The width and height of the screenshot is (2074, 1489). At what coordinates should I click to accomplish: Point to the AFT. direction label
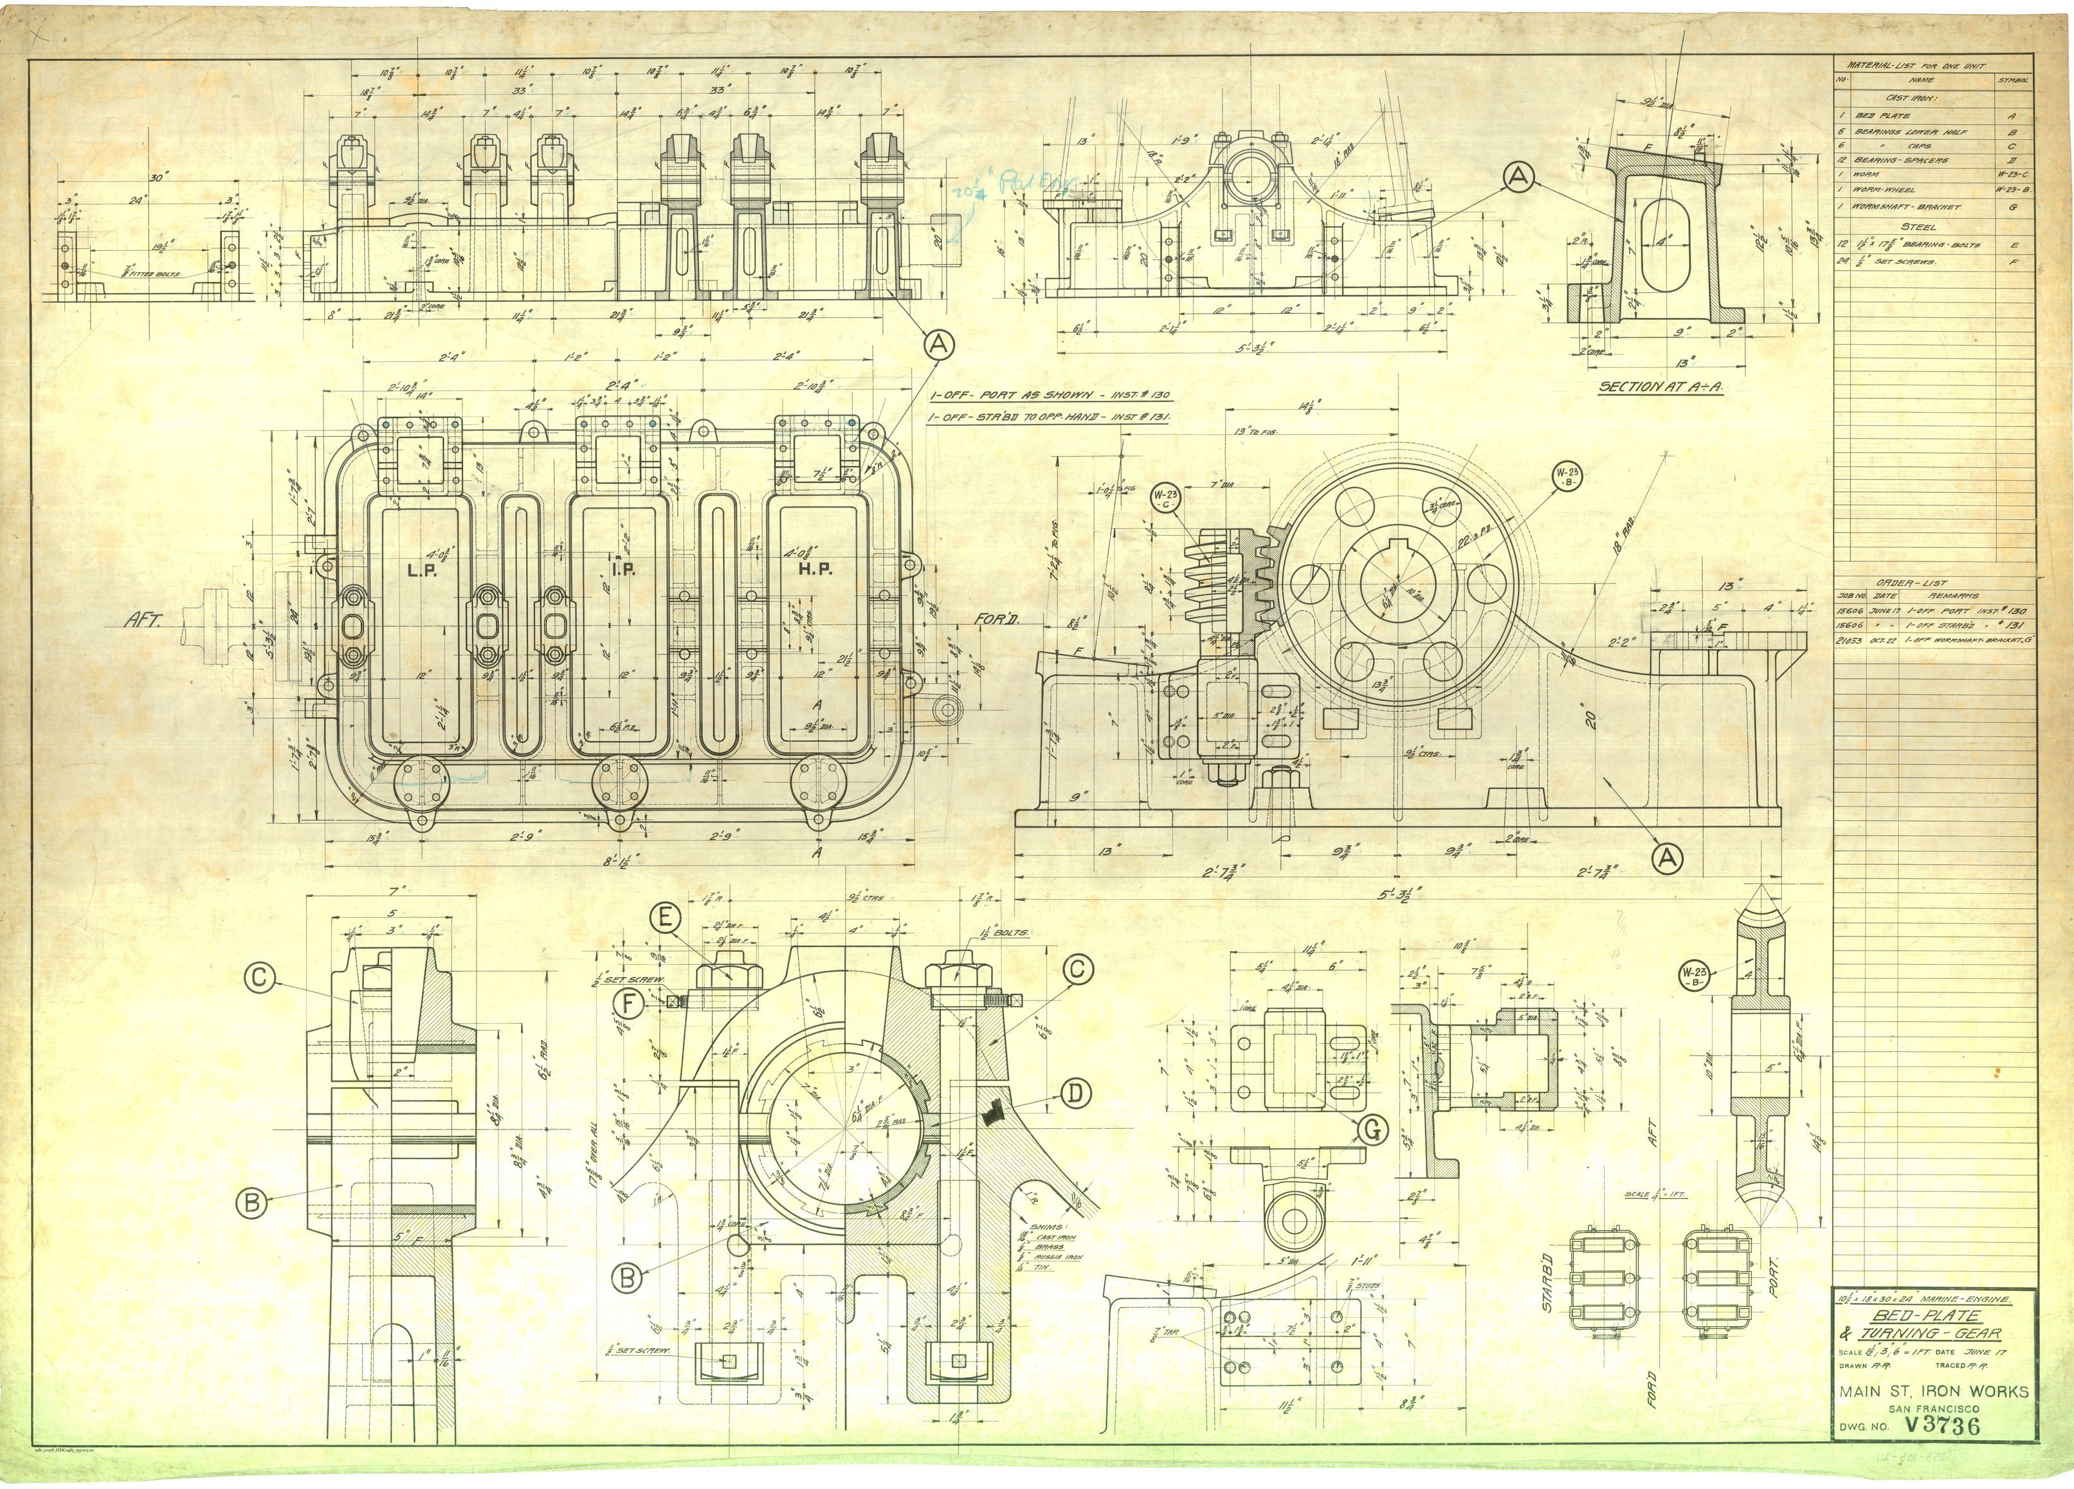point(143,620)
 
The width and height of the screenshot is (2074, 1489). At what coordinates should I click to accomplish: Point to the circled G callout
point(1372,1131)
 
